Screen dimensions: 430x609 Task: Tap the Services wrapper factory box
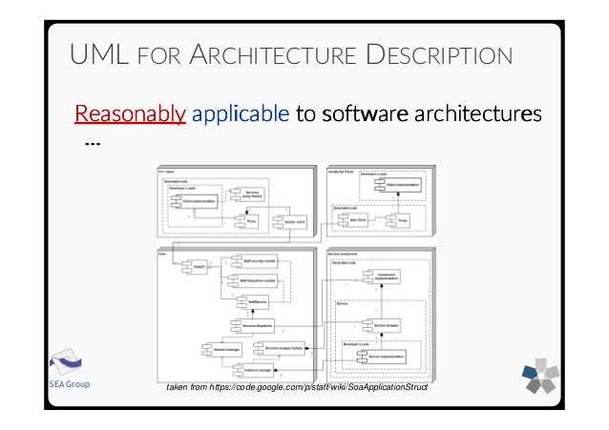tap(287, 348)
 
